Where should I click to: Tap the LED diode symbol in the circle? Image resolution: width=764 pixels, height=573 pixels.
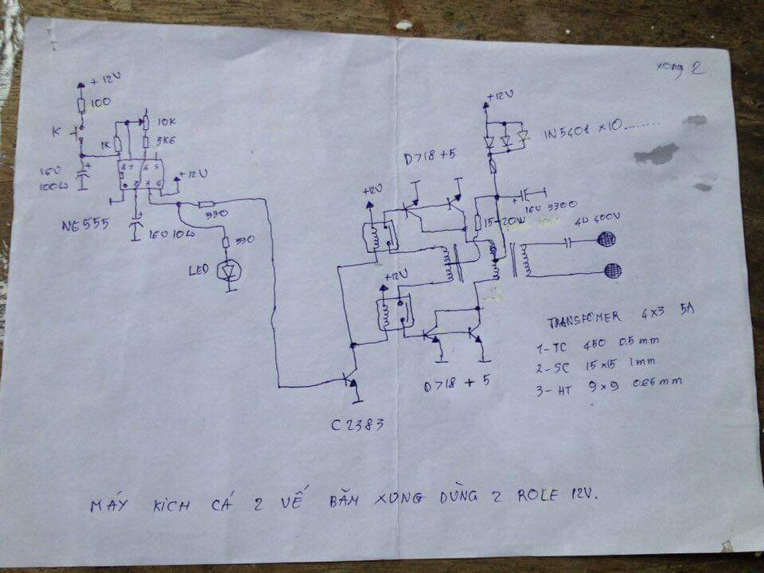(x=231, y=271)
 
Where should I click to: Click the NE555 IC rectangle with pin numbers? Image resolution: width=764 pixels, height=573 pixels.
(x=140, y=175)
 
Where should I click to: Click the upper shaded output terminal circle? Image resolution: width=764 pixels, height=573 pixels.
(x=610, y=240)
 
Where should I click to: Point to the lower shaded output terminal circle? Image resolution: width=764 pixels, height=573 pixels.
(x=613, y=271)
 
